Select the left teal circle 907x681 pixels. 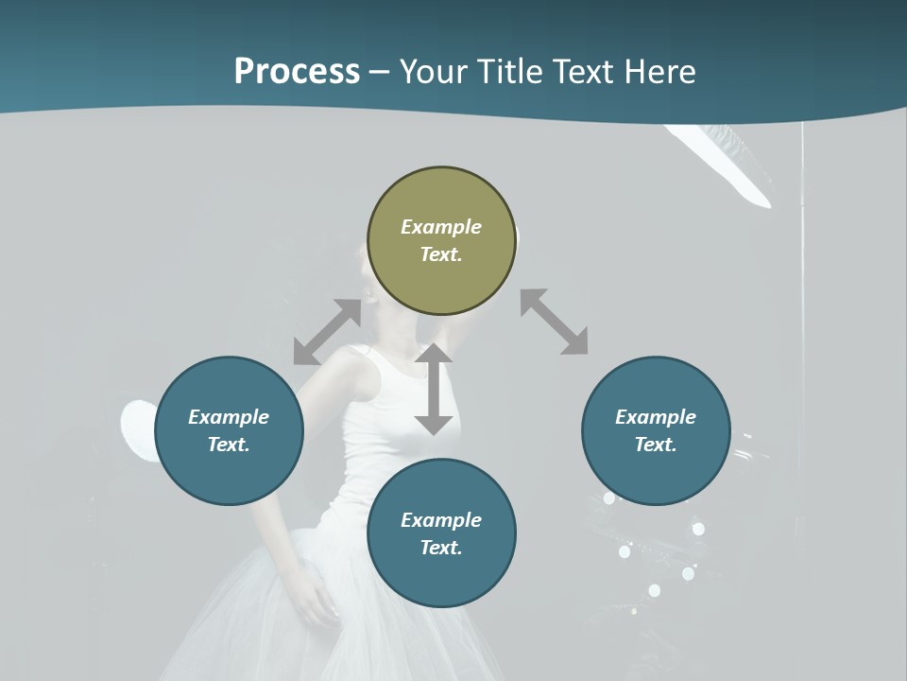229,430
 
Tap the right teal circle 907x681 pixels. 656,430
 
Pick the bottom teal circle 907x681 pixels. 441,533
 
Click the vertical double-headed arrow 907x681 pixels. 434,389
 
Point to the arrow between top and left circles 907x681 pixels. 327,332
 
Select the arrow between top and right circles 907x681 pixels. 554,322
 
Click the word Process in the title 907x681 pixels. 297,71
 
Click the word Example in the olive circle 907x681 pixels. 441,227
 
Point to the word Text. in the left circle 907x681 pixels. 229,445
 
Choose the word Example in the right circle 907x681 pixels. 656,417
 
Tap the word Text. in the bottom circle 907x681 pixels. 441,548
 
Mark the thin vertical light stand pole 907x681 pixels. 802,284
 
